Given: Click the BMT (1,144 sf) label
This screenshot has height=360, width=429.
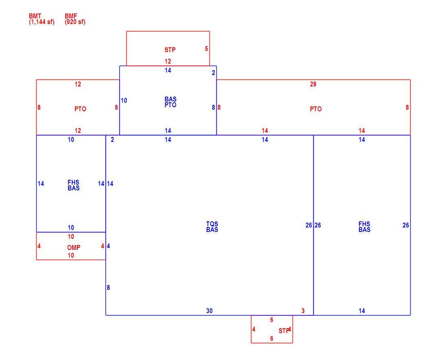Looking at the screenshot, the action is pyautogui.click(x=42, y=19).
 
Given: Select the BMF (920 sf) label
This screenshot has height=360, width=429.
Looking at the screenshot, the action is pyautogui.click(x=75, y=19).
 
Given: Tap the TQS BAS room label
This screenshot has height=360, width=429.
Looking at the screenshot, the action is pyautogui.click(x=212, y=227).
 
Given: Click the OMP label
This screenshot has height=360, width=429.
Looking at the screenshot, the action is pyautogui.click(x=74, y=247).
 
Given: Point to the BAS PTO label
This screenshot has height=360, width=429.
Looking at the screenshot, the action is pyautogui.click(x=170, y=102).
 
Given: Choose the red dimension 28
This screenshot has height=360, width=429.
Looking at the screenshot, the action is pyautogui.click(x=313, y=84).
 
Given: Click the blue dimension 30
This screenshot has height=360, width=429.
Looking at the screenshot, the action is pyautogui.click(x=209, y=311).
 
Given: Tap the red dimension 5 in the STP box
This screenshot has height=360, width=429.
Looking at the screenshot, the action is pyautogui.click(x=207, y=49).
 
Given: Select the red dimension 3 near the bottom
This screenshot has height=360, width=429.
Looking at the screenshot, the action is pyautogui.click(x=303, y=311).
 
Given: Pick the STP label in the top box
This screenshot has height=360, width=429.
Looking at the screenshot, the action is pyautogui.click(x=170, y=50).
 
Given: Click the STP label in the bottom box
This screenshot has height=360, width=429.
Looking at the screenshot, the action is pyautogui.click(x=284, y=331).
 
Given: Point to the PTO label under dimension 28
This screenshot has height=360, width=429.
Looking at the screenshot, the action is pyautogui.click(x=316, y=109).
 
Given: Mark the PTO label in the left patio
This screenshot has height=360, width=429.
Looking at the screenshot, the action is pyautogui.click(x=80, y=109).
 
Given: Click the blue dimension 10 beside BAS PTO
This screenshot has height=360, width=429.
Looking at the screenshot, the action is pyautogui.click(x=124, y=100).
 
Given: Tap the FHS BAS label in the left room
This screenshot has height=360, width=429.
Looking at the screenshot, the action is pyautogui.click(x=74, y=186).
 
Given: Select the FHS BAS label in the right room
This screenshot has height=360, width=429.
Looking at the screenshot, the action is pyautogui.click(x=365, y=227).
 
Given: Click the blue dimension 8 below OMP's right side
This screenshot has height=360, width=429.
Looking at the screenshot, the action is pyautogui.click(x=108, y=287).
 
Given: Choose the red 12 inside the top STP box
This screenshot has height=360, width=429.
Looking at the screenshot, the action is pyautogui.click(x=168, y=61).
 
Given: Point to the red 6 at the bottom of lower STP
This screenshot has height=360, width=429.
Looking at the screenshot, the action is pyautogui.click(x=271, y=339).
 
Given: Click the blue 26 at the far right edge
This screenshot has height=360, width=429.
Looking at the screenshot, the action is pyautogui.click(x=405, y=225).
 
